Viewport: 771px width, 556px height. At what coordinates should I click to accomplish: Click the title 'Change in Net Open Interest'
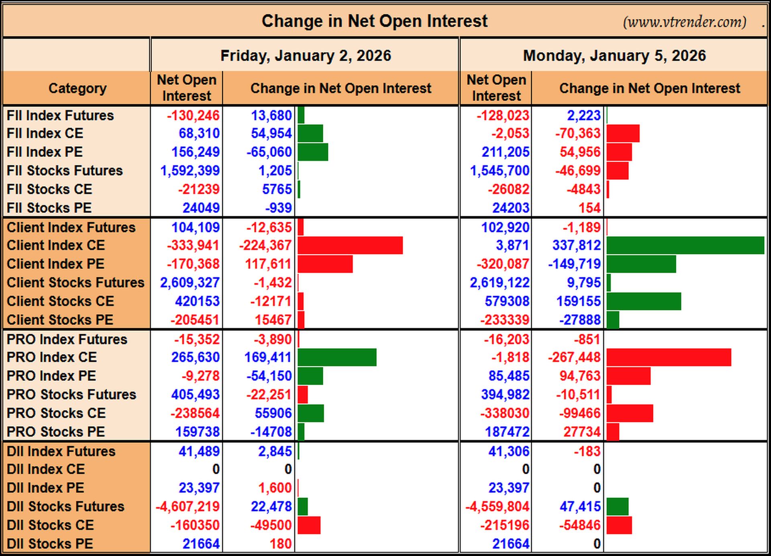pos(375,21)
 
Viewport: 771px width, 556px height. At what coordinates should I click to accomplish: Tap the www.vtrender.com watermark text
pos(685,22)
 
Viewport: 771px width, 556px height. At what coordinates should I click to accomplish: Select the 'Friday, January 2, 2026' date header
pos(306,55)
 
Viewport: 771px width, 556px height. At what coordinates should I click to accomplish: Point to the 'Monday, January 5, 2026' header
pos(614,55)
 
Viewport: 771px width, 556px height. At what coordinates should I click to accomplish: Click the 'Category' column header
pos(78,88)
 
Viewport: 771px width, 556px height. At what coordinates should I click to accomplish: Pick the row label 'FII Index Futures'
pos(60,116)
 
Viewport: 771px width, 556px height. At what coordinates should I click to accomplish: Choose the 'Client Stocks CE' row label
pos(60,301)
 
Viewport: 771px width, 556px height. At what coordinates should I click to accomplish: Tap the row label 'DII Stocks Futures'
pos(65,507)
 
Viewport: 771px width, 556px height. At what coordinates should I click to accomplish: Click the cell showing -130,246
pos(193,116)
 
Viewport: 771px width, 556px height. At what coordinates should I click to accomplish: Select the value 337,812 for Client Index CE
pos(577,245)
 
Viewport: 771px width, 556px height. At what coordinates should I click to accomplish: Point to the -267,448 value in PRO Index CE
pos(574,357)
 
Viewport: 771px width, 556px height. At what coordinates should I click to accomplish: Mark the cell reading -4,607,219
pos(188,507)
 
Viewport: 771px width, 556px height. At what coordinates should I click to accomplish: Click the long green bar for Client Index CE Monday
pos(685,245)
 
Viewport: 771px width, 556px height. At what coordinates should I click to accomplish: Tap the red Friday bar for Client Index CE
pos(350,245)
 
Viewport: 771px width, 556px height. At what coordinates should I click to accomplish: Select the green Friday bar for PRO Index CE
pos(337,357)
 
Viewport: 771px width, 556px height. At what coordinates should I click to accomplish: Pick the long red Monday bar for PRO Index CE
pos(669,357)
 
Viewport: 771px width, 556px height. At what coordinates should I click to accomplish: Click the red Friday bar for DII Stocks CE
pos(309,525)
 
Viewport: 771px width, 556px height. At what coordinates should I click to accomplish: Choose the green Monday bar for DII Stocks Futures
pos(618,507)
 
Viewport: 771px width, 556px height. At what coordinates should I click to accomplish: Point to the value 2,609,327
pos(190,282)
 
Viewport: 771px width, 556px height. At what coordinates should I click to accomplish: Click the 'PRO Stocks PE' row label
pos(56,432)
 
